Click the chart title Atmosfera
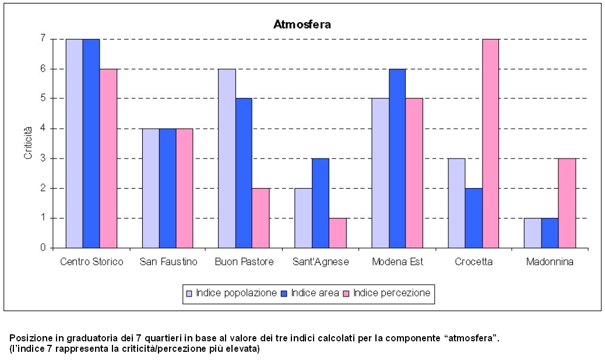pos(302,24)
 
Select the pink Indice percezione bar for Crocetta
pos(490,143)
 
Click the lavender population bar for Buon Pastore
pos(227,158)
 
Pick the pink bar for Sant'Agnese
pos(337,233)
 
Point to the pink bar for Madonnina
pos(567,203)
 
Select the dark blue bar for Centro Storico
pos(91,143)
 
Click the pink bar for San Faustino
pos(185,188)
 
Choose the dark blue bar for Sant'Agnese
pos(321,203)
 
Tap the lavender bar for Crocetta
pos(456,203)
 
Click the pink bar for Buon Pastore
pos(261,218)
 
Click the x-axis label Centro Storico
pos(92,262)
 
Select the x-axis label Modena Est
pos(397,262)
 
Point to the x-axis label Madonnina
pos(549,262)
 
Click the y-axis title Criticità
pos(28,143)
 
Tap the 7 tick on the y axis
pos(43,38)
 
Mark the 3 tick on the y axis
pos(43,158)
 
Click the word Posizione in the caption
pos(27,338)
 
